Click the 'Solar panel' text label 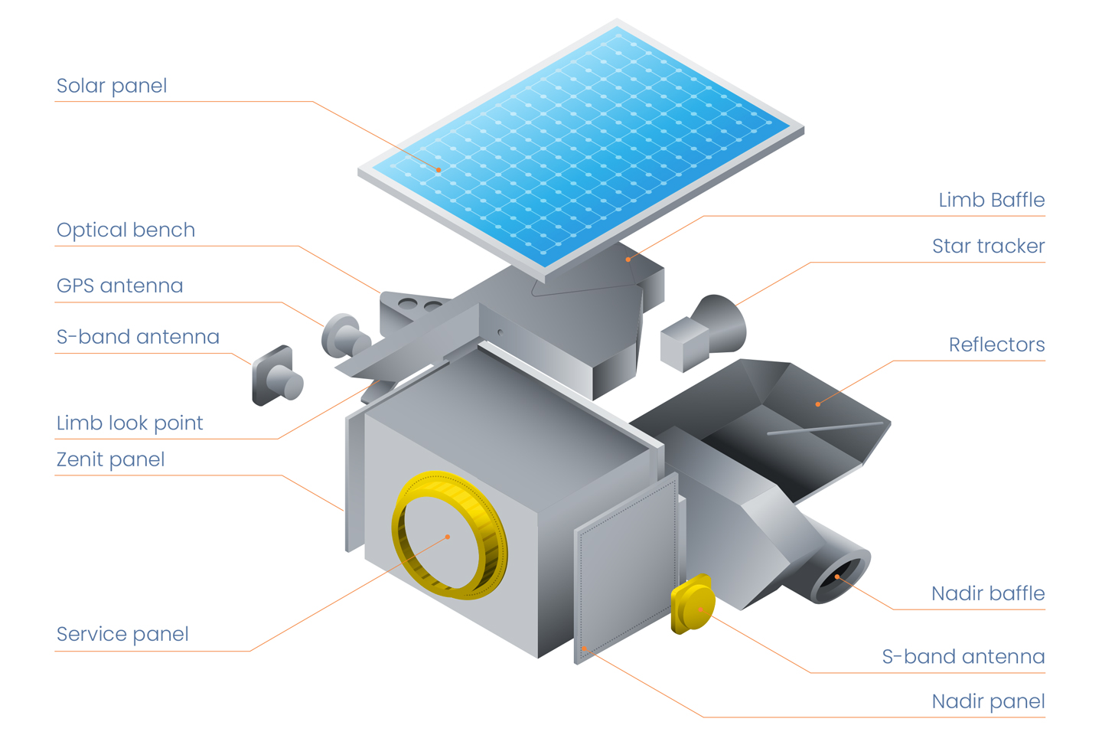click(112, 86)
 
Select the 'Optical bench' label click(126, 230)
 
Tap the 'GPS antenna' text click(120, 286)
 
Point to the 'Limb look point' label click(130, 423)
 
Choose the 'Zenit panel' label click(111, 459)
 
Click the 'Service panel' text click(122, 634)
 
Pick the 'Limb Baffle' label click(992, 200)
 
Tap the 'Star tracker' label click(989, 246)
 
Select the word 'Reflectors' click(997, 345)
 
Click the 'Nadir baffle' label click(989, 593)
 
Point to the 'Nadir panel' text click(989, 701)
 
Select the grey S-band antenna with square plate click(277, 376)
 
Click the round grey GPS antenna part click(345, 337)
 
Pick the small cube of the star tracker click(684, 344)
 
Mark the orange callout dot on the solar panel click(439, 170)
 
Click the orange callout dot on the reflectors click(818, 404)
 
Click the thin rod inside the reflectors click(826, 428)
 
